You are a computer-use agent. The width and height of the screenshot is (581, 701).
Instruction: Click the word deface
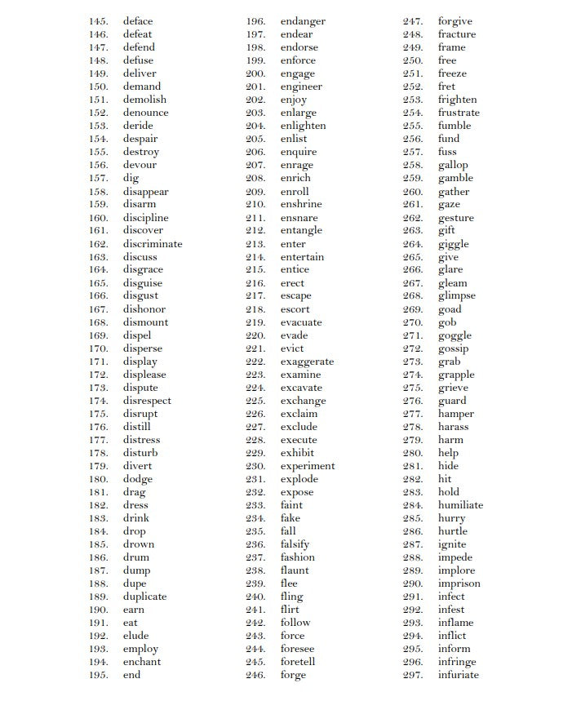[138, 21]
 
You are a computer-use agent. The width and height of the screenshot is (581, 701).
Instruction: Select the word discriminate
[153, 244]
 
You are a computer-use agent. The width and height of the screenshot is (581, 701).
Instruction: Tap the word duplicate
[144, 597]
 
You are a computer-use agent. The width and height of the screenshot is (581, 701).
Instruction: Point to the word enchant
[142, 662]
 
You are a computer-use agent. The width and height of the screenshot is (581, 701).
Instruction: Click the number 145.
[99, 21]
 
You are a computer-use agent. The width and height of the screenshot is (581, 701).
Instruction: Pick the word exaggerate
[307, 362]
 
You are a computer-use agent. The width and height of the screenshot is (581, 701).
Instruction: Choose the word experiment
[308, 466]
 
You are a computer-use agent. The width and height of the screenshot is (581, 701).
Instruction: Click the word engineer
[301, 87]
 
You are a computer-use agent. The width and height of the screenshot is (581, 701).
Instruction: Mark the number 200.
[255, 73]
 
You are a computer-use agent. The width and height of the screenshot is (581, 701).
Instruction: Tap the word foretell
[298, 662]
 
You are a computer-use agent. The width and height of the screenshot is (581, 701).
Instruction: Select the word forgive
[455, 21]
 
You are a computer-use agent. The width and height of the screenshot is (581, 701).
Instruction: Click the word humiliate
[460, 505]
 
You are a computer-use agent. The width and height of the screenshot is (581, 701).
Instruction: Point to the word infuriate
[458, 675]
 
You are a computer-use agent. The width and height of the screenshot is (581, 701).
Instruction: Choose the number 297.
[413, 675]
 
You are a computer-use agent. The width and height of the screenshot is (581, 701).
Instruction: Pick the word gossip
[453, 348]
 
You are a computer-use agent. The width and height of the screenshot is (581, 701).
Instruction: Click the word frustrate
[459, 113]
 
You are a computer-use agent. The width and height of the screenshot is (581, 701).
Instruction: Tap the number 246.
[255, 675]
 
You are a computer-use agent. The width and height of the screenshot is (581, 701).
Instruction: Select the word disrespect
[147, 401]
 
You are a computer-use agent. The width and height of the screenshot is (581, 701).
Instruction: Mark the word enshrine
[301, 204]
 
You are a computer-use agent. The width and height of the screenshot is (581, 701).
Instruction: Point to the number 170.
[99, 348]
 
